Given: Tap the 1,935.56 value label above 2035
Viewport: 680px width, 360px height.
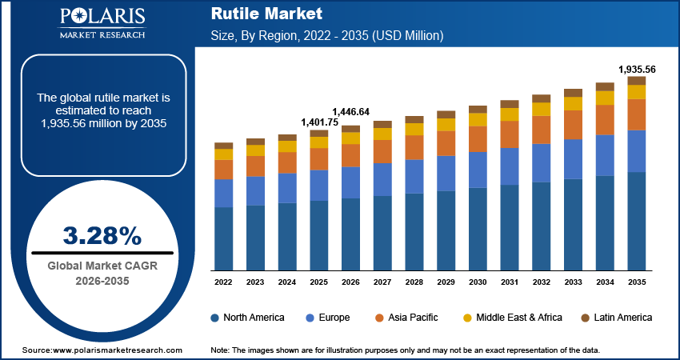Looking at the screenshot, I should coord(636,70).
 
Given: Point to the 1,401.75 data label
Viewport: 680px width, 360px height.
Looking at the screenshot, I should coord(319,122).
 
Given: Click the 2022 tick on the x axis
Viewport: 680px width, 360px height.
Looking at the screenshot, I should coord(223,282).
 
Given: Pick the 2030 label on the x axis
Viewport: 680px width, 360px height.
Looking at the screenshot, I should coord(478,282).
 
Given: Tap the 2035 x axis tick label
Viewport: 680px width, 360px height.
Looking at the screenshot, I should coord(636,282).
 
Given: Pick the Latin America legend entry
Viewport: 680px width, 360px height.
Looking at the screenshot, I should coord(615,318).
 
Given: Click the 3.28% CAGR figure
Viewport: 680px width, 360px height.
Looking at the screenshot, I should coord(102,235).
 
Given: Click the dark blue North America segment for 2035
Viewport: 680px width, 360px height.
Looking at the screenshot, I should coord(636,221).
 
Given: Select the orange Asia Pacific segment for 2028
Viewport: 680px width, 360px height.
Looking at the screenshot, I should coord(414,147).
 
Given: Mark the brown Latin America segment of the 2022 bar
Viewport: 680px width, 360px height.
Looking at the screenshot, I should coord(223,146).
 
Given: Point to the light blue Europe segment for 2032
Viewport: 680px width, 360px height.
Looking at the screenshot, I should coord(541,163).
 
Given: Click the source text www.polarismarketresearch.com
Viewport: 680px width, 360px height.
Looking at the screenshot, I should coord(102,351).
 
